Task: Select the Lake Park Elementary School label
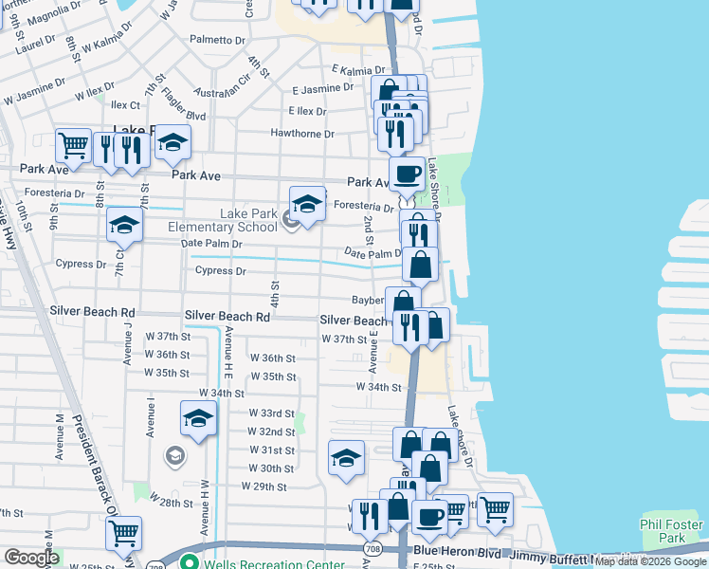pyautogui.click(x=223, y=220)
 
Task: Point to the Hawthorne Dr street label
pyautogui.click(x=303, y=134)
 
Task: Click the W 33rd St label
pyautogui.click(x=272, y=413)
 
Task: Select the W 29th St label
pyautogui.click(x=264, y=486)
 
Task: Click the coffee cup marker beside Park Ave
pyautogui.click(x=408, y=174)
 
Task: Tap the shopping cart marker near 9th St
pyautogui.click(x=73, y=145)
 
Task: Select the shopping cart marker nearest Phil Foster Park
pyautogui.click(x=495, y=509)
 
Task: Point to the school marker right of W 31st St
pyautogui.click(x=347, y=457)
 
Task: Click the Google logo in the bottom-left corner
pyautogui.click(x=30, y=558)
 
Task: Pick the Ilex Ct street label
pyautogui.click(x=126, y=105)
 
